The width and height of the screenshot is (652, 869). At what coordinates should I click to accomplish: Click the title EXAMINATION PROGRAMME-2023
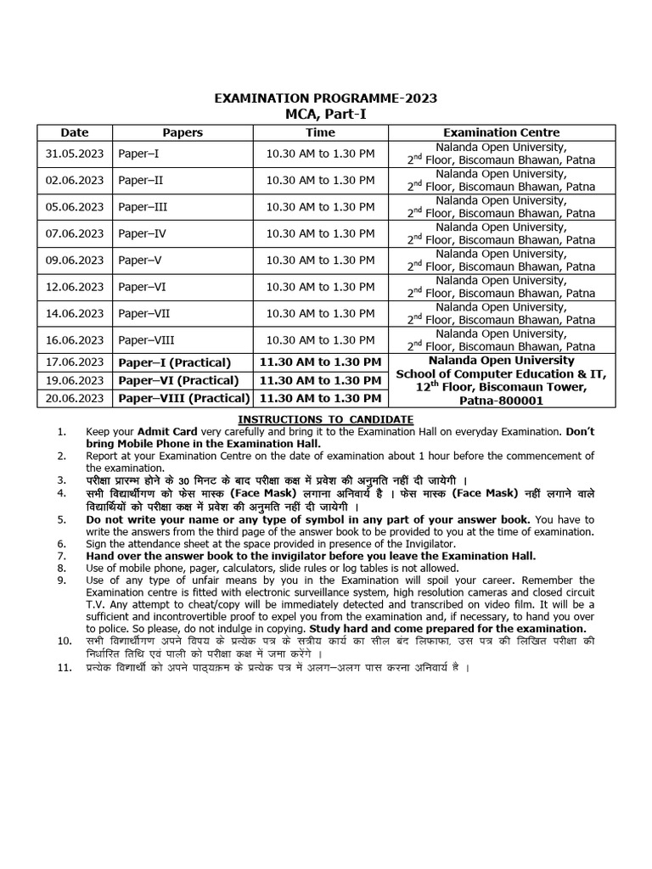click(x=326, y=98)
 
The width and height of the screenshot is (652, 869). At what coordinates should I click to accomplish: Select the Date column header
click(x=74, y=132)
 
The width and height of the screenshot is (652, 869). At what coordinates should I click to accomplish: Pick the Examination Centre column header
click(x=501, y=132)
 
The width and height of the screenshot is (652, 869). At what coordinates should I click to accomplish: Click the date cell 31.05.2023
click(x=75, y=154)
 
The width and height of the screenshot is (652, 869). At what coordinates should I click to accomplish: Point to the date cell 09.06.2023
click(x=75, y=261)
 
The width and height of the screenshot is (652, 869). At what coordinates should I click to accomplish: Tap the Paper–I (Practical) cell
click(x=170, y=362)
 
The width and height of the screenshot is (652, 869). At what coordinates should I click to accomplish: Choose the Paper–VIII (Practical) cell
click(x=183, y=398)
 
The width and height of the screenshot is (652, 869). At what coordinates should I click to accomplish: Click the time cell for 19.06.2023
click(x=320, y=380)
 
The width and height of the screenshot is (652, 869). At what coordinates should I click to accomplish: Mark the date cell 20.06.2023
click(x=75, y=398)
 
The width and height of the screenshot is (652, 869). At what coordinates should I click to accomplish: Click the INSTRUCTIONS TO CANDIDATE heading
click(x=325, y=419)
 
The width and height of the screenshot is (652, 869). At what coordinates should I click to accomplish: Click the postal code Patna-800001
click(x=501, y=401)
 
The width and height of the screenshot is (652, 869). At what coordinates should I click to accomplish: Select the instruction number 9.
click(x=62, y=580)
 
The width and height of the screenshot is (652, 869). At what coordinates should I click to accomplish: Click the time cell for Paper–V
click(x=320, y=261)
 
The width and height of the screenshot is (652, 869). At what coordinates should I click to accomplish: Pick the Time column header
click(x=320, y=132)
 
